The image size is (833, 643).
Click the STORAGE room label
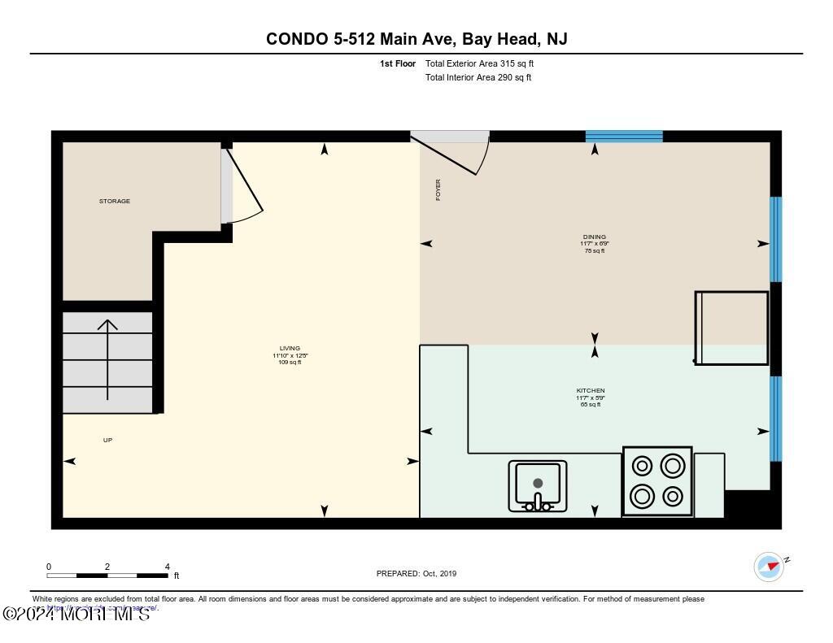tap(115, 201)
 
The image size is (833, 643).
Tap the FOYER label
tap(438, 189)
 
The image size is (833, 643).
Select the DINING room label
tap(595, 237)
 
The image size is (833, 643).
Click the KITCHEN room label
tap(591, 391)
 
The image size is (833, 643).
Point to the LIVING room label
tap(290, 349)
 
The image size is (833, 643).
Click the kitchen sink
tap(538, 485)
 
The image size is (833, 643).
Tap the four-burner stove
tap(657, 480)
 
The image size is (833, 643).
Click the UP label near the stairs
tap(107, 440)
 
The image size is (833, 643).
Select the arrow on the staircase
tap(107, 358)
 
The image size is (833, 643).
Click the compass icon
tap(769, 567)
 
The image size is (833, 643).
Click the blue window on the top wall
tap(624, 137)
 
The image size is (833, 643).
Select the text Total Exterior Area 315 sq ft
tap(479, 63)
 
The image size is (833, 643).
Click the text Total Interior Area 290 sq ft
tap(478, 78)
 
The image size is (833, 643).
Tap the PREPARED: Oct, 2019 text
tap(416, 573)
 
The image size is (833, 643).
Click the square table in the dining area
tap(732, 328)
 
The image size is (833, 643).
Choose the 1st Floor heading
tap(398, 63)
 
